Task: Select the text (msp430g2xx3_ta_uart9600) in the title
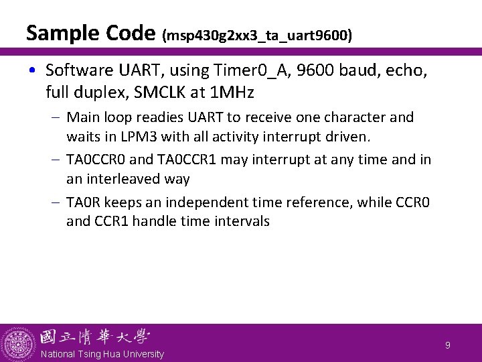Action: pos(257,35)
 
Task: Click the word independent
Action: pos(226,202)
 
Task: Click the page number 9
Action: pos(448,346)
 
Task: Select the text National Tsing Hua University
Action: pos(102,354)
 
